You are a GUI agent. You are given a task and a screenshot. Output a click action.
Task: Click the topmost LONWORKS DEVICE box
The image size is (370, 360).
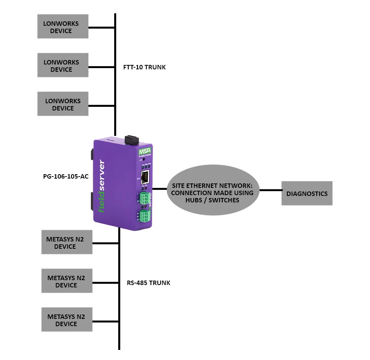pos(63,27)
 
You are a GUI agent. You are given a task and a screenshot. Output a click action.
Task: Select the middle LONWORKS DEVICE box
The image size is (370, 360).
pos(63,66)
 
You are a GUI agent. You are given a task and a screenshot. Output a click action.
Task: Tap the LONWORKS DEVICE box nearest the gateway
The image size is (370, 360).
pos(63,104)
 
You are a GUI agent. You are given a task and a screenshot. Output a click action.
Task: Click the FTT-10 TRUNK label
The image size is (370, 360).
pos(144,67)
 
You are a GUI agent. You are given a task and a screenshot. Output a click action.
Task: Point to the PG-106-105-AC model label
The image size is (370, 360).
pos(65,177)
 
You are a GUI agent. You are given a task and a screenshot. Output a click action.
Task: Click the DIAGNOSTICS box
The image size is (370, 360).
pos(307,194)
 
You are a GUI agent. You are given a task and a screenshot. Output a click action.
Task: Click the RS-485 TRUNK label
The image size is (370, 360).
pos(148,283)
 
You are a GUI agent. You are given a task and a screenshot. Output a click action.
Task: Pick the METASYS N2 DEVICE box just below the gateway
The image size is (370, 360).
pos(67,243)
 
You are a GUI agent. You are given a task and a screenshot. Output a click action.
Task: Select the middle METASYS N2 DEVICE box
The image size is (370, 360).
pos(67,281)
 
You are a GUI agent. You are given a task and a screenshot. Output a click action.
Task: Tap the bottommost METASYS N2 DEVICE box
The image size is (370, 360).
pos(67,320)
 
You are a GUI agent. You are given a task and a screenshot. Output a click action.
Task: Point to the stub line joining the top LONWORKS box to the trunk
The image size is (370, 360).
pos(101,27)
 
